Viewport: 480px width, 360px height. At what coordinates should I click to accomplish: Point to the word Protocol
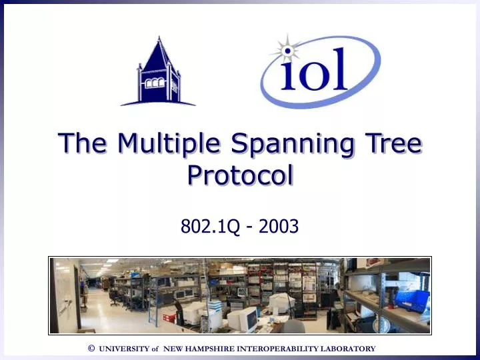240,175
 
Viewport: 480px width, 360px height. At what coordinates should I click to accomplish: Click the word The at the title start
84,143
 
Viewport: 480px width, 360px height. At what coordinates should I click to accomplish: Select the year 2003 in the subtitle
279,227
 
